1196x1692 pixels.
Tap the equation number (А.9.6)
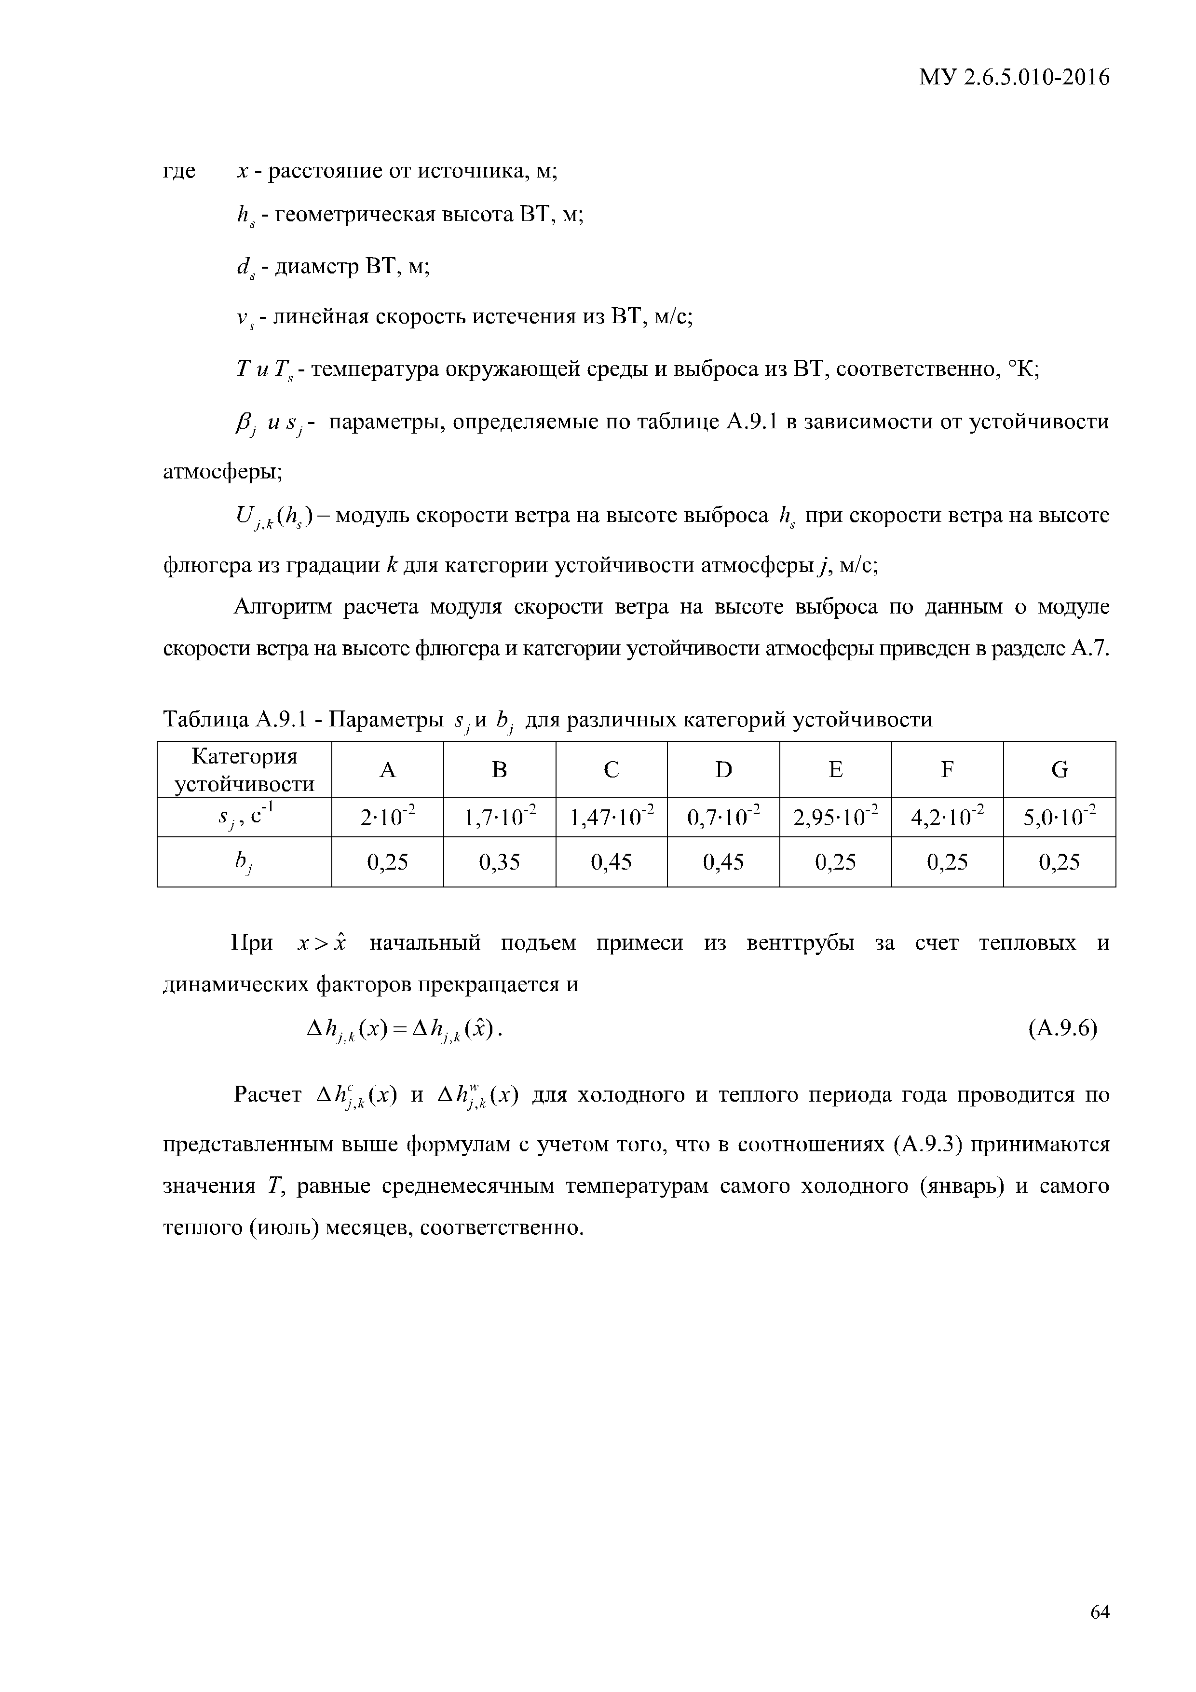[1062, 1028]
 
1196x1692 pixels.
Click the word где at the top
[179, 171]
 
